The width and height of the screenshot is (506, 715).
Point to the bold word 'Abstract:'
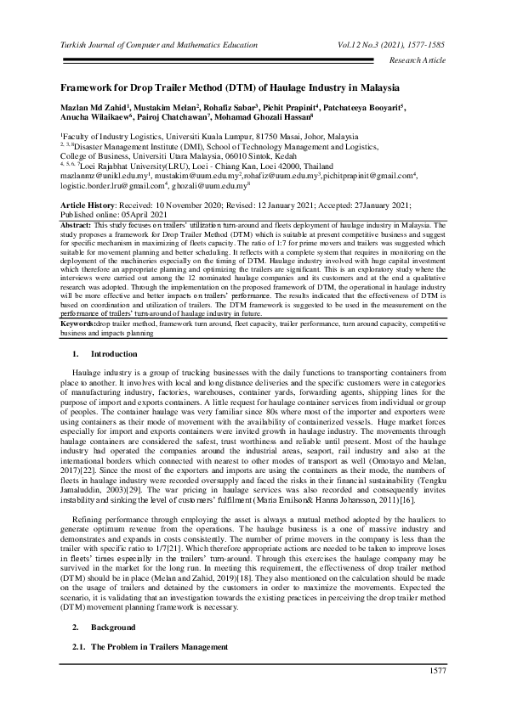click(77, 223)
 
